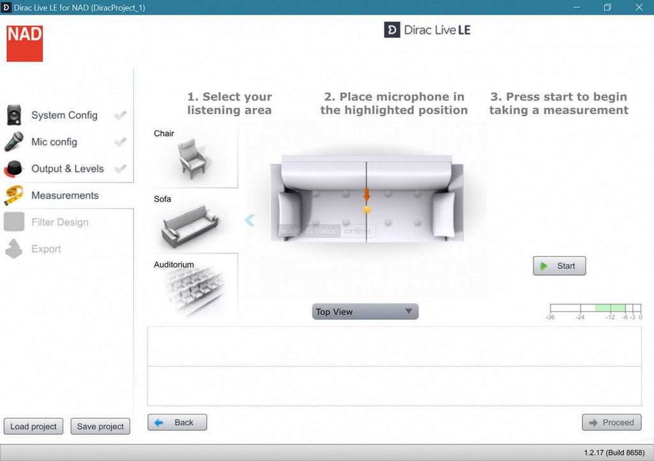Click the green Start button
coord(559,266)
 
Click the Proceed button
coord(611,423)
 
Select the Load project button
coord(33,427)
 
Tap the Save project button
coord(100,427)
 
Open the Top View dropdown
coord(365,312)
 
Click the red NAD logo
coord(25,43)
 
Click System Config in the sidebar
coord(65,115)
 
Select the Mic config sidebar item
coord(54,142)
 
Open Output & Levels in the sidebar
coord(68,169)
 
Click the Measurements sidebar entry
coord(65,195)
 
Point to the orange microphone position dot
coord(367,209)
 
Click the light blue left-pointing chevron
coord(250,220)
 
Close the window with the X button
coord(639,7)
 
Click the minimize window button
coord(577,7)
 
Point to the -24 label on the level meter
coord(580,317)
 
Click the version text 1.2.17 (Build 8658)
coord(614,453)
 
